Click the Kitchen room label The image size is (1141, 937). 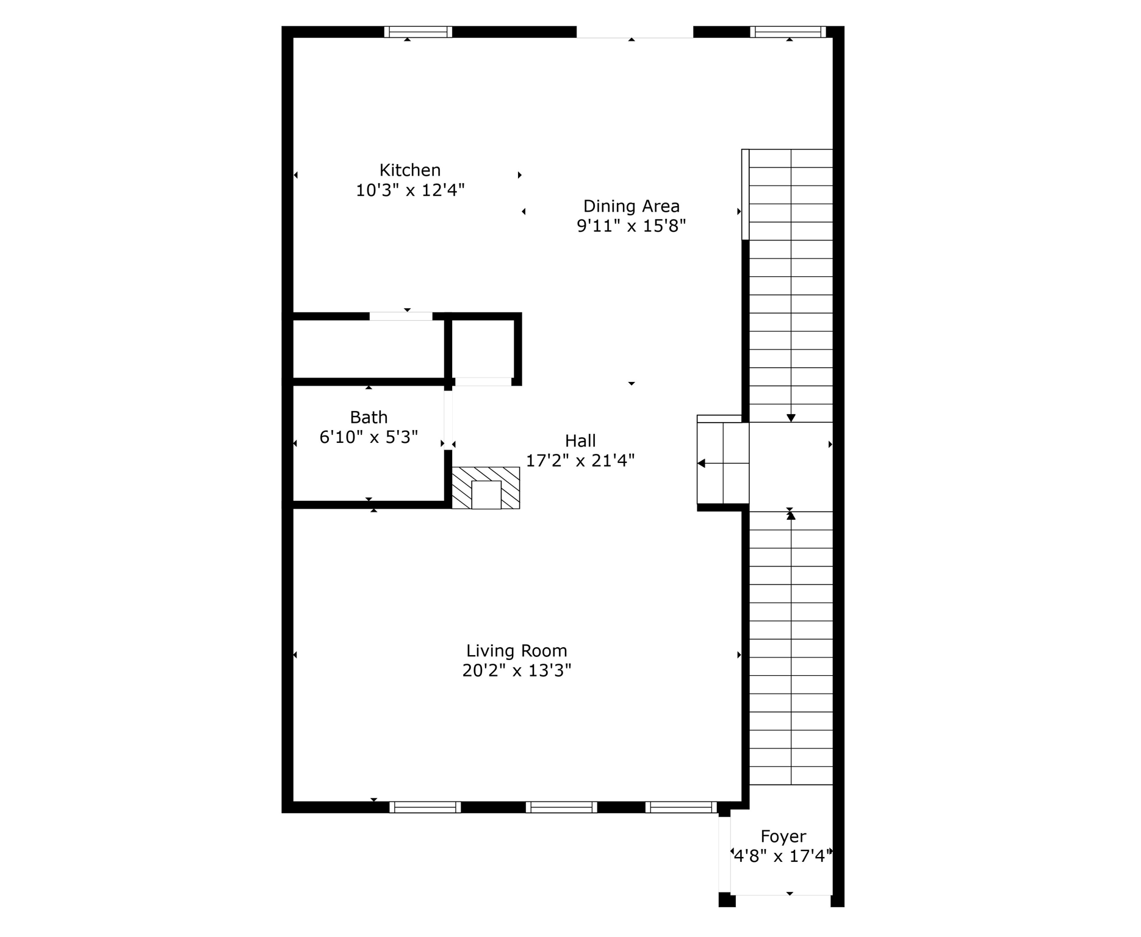[x=410, y=170]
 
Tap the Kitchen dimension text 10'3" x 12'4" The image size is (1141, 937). [x=410, y=190]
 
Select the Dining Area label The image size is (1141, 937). [x=631, y=206]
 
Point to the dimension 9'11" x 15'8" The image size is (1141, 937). [x=631, y=226]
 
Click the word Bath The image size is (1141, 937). [x=369, y=417]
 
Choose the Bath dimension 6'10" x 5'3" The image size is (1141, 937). [x=369, y=437]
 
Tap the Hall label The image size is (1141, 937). [x=580, y=440]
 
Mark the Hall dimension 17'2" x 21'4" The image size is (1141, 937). [x=580, y=461]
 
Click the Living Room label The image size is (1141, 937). [x=516, y=651]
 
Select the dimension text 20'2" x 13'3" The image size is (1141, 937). [x=516, y=671]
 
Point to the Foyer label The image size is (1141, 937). [x=783, y=836]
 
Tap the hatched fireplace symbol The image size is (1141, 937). [x=486, y=487]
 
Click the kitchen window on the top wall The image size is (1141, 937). [x=418, y=32]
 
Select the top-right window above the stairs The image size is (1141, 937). [x=787, y=32]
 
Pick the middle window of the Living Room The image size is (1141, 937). [x=561, y=807]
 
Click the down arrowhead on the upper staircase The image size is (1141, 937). [x=791, y=418]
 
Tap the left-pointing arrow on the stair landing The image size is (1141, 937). [x=702, y=464]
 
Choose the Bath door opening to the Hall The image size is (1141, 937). [x=448, y=420]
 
